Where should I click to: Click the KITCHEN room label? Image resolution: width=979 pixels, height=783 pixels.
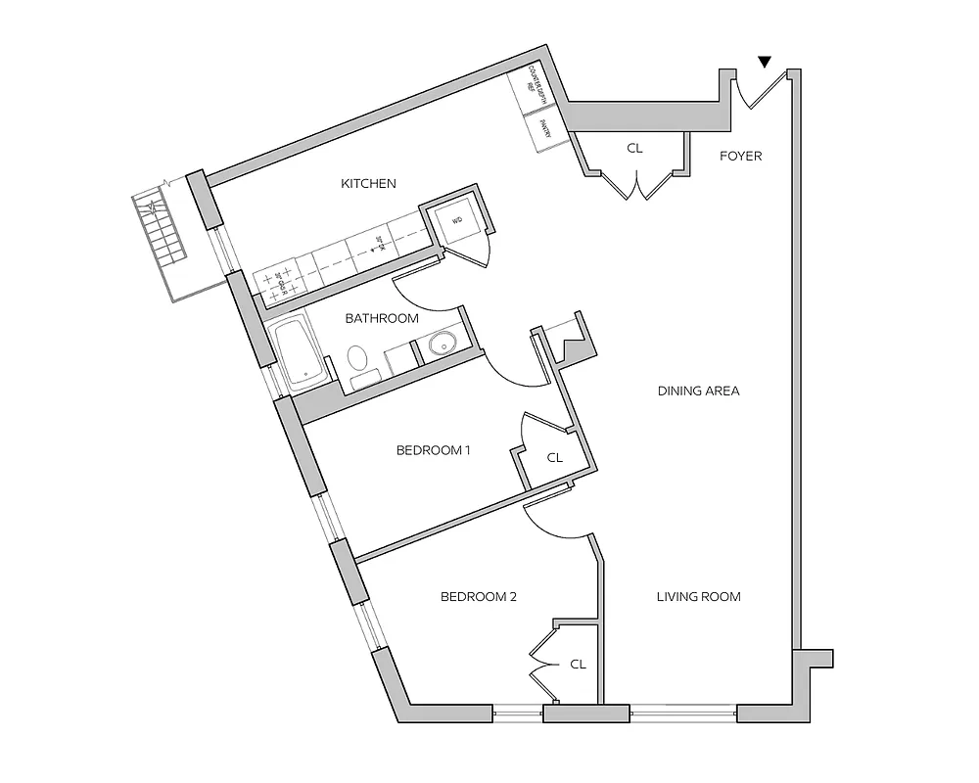click(368, 184)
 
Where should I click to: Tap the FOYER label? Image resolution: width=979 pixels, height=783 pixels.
click(740, 156)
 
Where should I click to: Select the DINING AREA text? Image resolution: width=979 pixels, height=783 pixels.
click(698, 391)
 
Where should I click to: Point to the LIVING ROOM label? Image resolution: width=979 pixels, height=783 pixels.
click(698, 596)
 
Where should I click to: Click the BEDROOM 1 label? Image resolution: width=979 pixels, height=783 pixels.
click(434, 451)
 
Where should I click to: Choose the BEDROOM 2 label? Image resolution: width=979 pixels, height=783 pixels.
click(478, 596)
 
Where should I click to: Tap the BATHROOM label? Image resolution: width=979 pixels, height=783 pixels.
click(382, 318)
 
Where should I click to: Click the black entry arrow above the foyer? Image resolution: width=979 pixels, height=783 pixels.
click(765, 63)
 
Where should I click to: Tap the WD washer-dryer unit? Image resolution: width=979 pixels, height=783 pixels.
click(456, 221)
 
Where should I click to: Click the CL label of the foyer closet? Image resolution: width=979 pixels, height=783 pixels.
click(634, 150)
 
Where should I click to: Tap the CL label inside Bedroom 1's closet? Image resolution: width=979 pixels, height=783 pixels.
click(555, 457)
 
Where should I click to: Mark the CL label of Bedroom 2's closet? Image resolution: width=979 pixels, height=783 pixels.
click(578, 664)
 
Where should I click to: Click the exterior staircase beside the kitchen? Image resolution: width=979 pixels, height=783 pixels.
click(161, 231)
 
